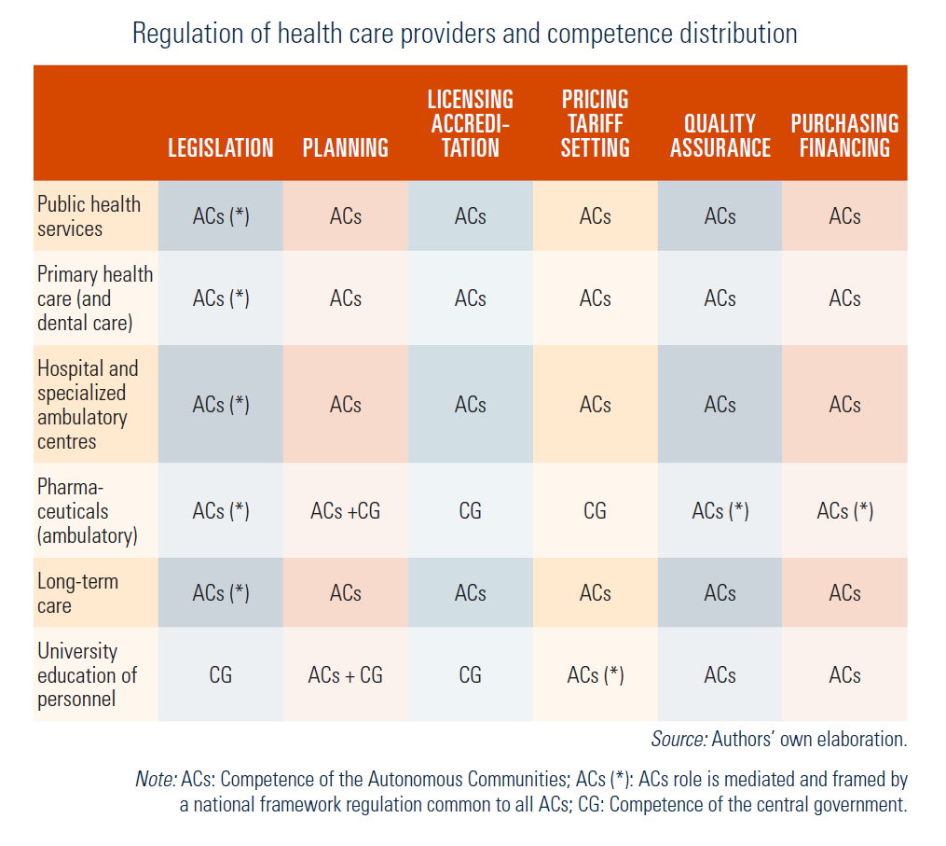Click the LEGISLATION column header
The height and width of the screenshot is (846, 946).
coord(220,148)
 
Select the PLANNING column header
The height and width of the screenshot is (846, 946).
coord(345,148)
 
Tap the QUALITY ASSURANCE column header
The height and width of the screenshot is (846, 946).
coord(720,136)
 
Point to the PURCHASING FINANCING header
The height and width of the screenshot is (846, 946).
coord(844,136)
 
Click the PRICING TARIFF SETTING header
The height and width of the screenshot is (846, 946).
coord(595,124)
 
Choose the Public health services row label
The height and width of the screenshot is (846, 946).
coord(89,216)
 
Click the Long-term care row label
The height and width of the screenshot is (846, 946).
coord(78,593)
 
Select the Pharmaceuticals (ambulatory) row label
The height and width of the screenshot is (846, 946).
coord(88,511)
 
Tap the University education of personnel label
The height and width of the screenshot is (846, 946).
coord(88,674)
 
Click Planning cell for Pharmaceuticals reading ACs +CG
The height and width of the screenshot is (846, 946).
coord(345,511)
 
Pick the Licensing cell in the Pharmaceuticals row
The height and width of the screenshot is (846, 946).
coord(470,511)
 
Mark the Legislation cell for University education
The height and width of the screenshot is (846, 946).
coord(220,675)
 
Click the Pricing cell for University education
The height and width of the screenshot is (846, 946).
coord(595,675)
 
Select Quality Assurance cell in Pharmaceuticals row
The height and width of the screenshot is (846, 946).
coord(720,511)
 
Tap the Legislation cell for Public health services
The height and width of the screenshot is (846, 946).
coord(220,216)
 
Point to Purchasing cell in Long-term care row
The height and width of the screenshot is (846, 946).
coord(844,593)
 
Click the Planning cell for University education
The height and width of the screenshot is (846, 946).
coord(345,675)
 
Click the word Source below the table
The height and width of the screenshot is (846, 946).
coord(679,739)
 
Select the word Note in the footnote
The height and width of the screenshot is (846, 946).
coord(156,779)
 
